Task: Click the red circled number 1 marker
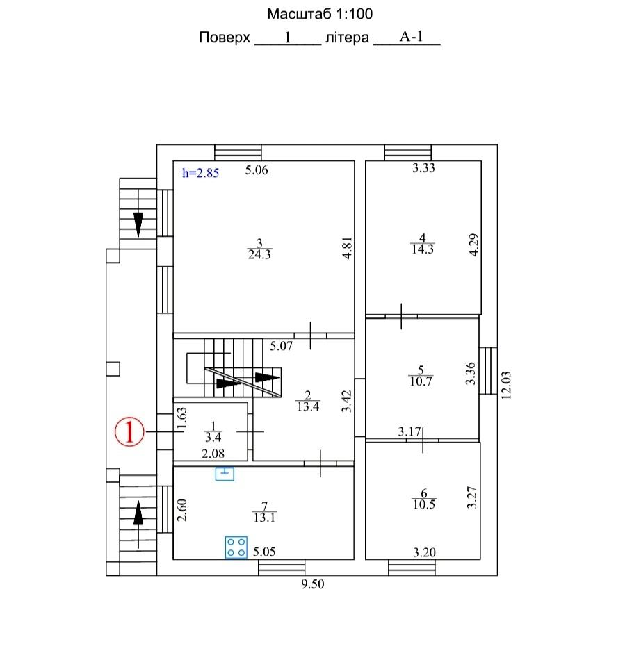click(129, 431)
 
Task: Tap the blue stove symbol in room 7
click(236, 547)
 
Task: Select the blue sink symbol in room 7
click(225, 474)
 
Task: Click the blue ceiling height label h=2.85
click(200, 173)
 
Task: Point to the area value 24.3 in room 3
click(259, 254)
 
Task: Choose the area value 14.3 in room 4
click(423, 249)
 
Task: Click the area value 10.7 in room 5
click(421, 381)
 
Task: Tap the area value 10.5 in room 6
click(423, 504)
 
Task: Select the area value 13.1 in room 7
click(264, 518)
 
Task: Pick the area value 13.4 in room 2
click(308, 406)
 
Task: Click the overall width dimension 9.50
click(313, 584)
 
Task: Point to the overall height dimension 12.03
click(506, 386)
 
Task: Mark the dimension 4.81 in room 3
click(347, 248)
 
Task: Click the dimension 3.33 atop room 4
click(423, 167)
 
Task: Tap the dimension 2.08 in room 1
click(213, 453)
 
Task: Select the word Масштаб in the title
click(300, 14)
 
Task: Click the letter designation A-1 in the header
click(412, 36)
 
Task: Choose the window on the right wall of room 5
click(488, 371)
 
